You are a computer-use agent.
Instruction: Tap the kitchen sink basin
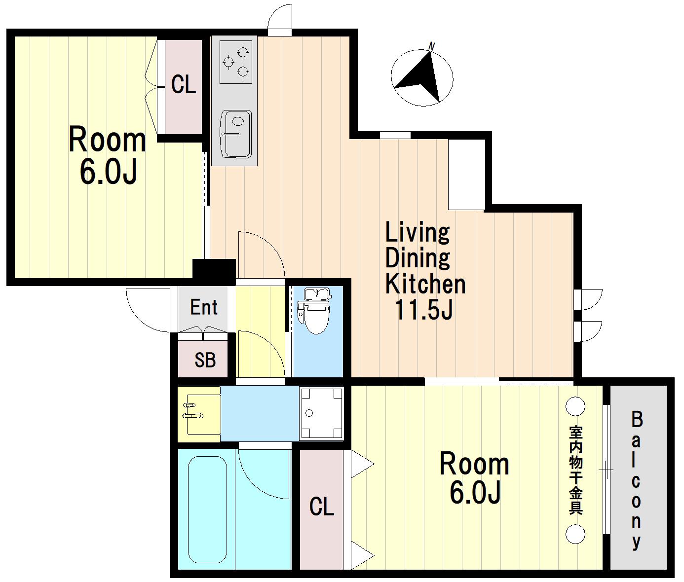[x=236, y=134]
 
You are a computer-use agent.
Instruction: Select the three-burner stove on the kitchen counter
[x=235, y=62]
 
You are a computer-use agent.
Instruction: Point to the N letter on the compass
[x=431, y=46]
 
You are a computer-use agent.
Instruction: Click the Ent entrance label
[x=204, y=307]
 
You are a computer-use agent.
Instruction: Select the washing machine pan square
[x=321, y=413]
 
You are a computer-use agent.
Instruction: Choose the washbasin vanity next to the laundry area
[x=199, y=414]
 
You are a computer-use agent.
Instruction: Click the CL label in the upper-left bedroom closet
[x=184, y=85]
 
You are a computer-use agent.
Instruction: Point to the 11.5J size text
[x=424, y=310]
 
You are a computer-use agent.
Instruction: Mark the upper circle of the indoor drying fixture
[x=575, y=406]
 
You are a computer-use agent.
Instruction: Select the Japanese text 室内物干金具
[x=576, y=470]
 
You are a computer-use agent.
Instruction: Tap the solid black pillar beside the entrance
[x=214, y=269]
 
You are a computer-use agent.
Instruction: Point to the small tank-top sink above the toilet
[x=317, y=293]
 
